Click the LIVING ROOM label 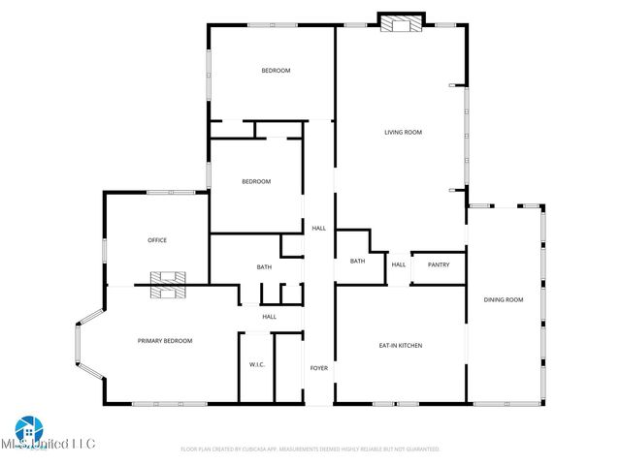coord(403,133)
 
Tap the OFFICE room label coord(157,240)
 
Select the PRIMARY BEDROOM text coord(164,341)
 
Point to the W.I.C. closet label coord(257,365)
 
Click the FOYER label coord(319,368)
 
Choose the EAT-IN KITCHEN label coord(400,346)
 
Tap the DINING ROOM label coord(504,300)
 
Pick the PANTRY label coord(439,264)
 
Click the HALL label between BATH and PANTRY coord(399,264)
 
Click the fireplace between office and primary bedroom coord(168,285)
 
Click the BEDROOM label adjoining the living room coord(276,71)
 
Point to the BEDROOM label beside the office coord(256,182)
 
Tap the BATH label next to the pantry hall coord(357,261)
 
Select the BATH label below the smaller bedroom coord(264,267)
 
